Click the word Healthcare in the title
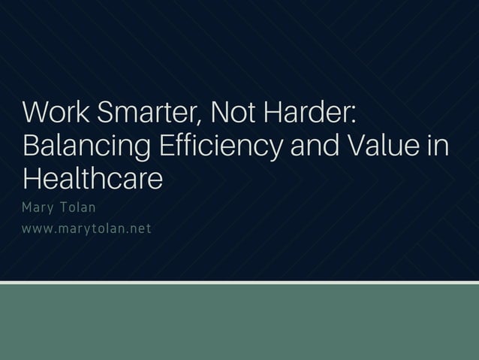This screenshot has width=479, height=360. [x=92, y=179]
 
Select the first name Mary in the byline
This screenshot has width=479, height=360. [x=38, y=207]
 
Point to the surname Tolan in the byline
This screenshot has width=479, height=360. [x=77, y=207]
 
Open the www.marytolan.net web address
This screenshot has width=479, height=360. [x=87, y=228]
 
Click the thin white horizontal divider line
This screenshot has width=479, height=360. [x=239, y=283]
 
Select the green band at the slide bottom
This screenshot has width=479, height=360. [x=239, y=322]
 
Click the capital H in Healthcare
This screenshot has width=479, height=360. [x=32, y=179]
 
